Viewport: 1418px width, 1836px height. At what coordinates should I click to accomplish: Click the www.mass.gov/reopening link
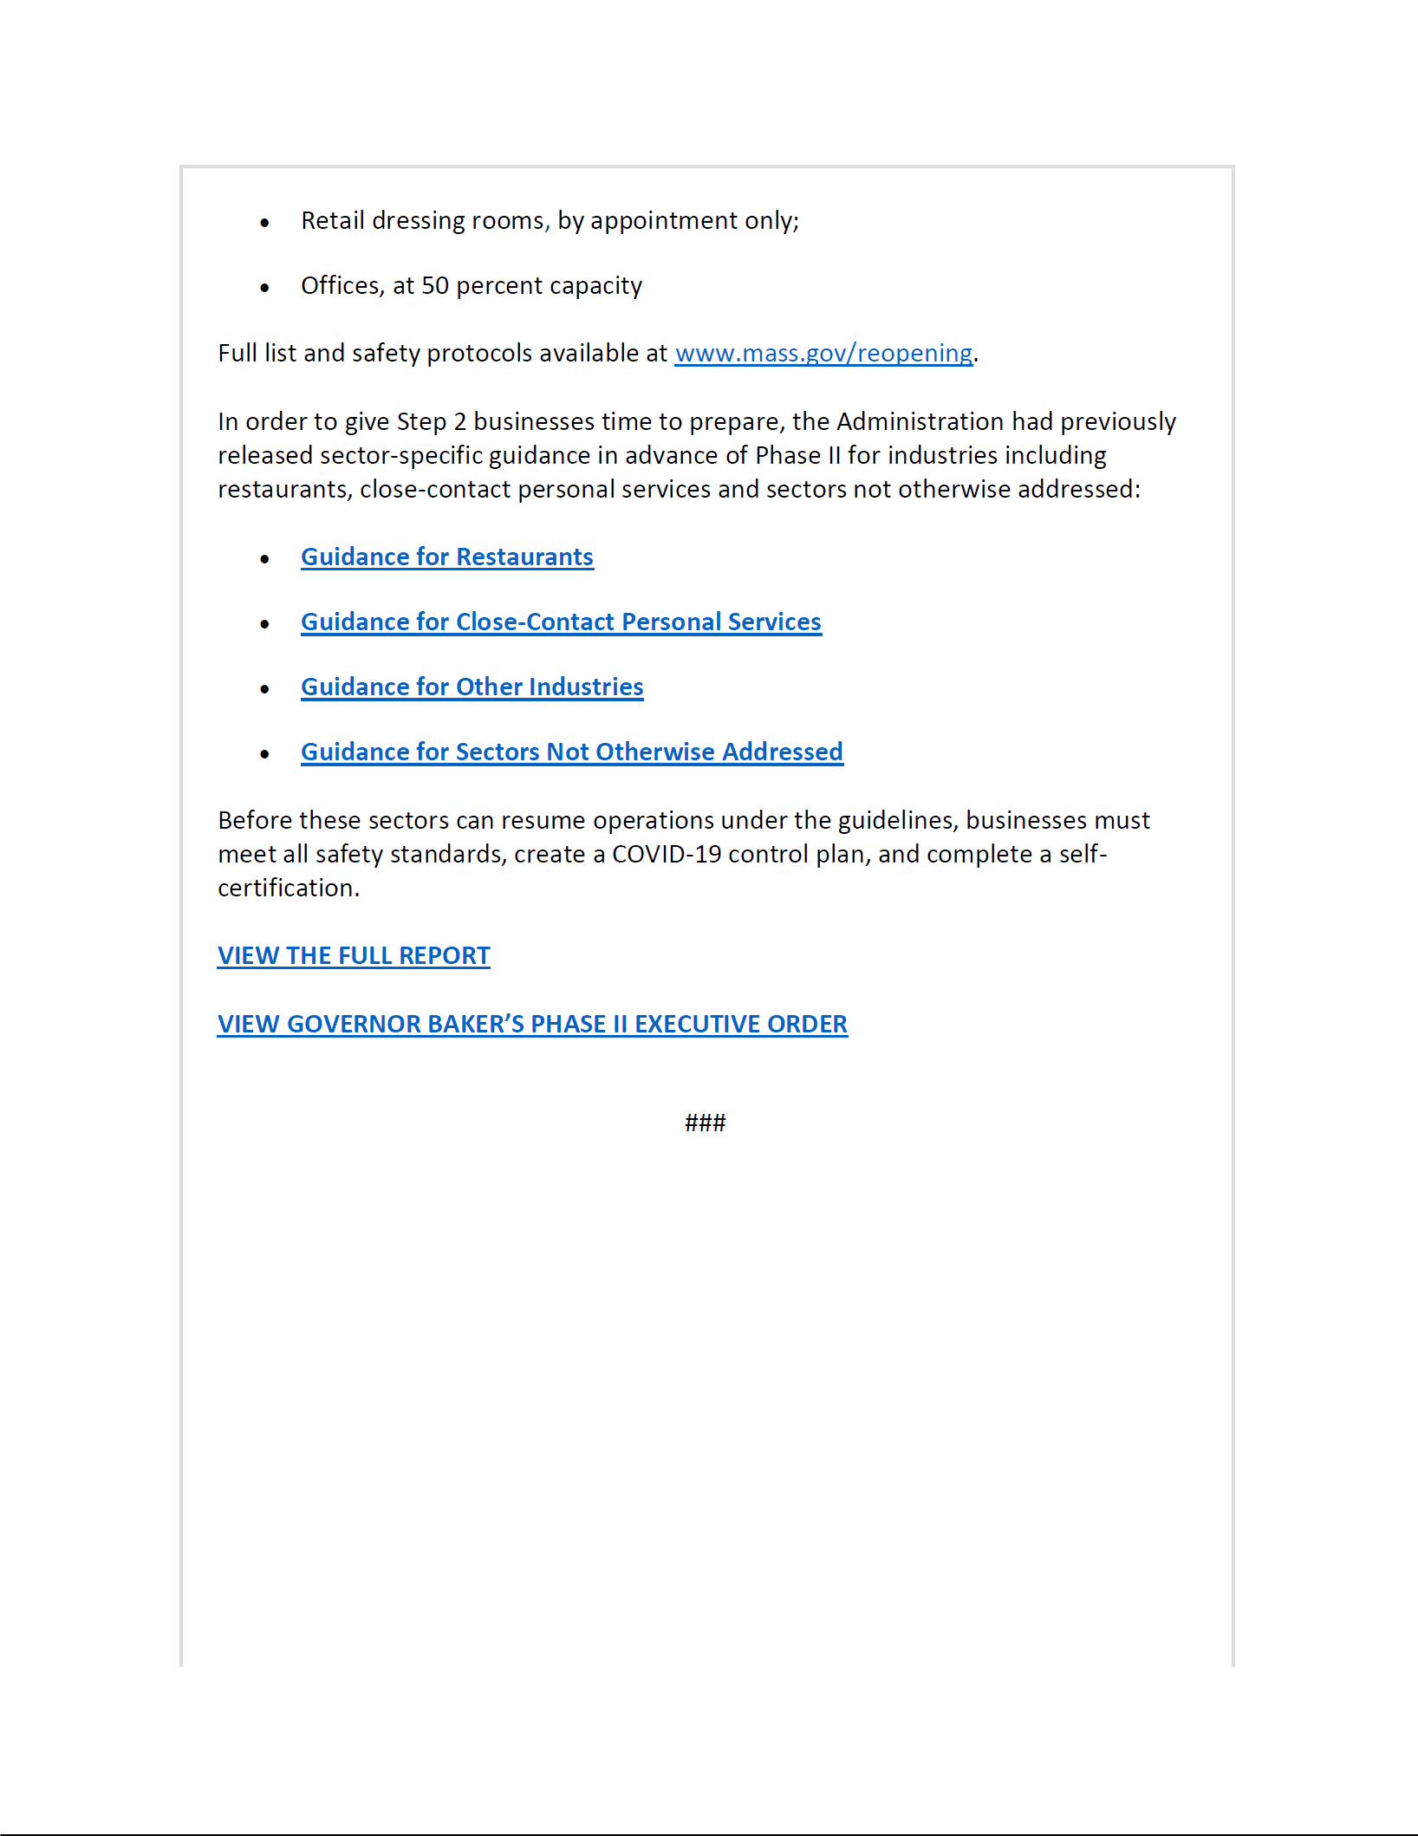pyautogui.click(x=823, y=354)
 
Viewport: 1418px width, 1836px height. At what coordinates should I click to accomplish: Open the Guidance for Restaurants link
pyautogui.click(x=447, y=557)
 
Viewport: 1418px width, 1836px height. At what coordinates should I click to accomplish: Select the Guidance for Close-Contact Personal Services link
pyautogui.click(x=561, y=622)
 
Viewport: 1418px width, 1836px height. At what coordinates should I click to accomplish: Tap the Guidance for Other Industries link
pyautogui.click(x=472, y=687)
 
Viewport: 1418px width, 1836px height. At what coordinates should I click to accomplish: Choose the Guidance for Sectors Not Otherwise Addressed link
pyautogui.click(x=572, y=752)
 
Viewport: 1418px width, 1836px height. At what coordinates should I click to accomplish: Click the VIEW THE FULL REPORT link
pyautogui.click(x=354, y=956)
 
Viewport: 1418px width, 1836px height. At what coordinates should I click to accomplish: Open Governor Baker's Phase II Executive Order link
pyautogui.click(x=532, y=1025)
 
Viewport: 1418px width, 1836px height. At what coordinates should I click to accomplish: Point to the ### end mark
pyautogui.click(x=705, y=1123)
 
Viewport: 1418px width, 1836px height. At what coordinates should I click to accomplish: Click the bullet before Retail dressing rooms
pyautogui.click(x=265, y=223)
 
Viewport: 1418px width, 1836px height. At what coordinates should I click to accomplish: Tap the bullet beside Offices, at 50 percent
pyautogui.click(x=265, y=288)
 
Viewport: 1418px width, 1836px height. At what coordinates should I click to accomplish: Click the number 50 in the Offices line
pyautogui.click(x=434, y=286)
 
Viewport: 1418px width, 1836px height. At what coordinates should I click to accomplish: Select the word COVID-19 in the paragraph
pyautogui.click(x=667, y=855)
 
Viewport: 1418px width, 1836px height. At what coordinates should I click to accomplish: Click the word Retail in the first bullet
pyautogui.click(x=333, y=221)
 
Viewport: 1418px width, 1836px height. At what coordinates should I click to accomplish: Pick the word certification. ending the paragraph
pyautogui.click(x=289, y=889)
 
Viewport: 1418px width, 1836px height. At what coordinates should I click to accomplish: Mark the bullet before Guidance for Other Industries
pyautogui.click(x=265, y=690)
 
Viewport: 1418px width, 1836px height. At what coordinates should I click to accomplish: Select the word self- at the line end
pyautogui.click(x=1083, y=855)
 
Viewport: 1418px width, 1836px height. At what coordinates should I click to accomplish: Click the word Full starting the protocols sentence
pyautogui.click(x=237, y=354)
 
